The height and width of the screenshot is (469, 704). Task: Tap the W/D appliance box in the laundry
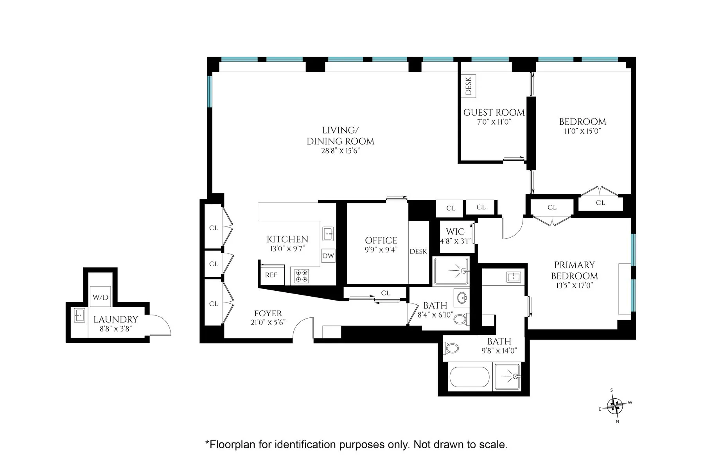[100, 297]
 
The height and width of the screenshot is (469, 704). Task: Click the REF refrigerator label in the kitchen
[271, 275]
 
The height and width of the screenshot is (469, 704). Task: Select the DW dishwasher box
[328, 256]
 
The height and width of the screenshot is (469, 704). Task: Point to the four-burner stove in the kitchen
[302, 276]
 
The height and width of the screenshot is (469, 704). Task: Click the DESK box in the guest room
[469, 86]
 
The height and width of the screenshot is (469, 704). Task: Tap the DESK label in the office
[418, 251]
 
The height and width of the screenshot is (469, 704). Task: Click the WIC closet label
[455, 232]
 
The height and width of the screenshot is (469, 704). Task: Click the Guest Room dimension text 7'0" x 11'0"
[494, 122]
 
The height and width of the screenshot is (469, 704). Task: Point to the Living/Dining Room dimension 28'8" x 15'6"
[340, 151]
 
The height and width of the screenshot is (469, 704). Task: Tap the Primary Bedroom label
[575, 270]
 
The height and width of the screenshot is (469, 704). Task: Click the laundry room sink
[80, 315]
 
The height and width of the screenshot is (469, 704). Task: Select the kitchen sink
[328, 234]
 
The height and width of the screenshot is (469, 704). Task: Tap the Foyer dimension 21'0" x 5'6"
[268, 322]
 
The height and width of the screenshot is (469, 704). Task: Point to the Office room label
[381, 240]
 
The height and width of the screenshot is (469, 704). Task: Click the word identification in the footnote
[305, 444]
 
